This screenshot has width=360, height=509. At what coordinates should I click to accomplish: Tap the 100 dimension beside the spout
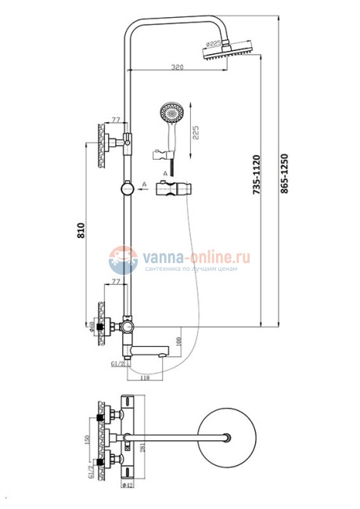(179, 342)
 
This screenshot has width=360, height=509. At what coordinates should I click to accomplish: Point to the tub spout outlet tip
(167, 355)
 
